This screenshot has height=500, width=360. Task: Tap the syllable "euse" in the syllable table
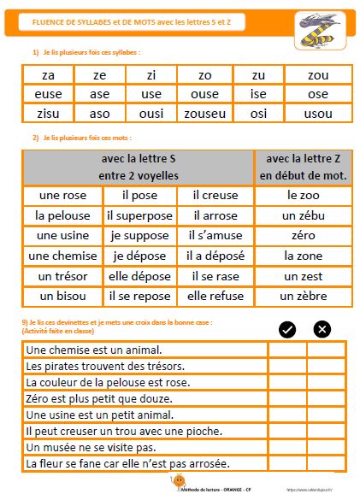point(48,94)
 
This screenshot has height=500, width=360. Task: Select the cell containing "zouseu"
point(204,113)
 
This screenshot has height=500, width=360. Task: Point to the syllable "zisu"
point(48,113)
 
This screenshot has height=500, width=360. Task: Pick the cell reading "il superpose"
point(139,215)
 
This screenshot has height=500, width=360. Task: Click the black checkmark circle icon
point(288,329)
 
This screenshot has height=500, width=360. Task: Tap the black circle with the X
point(322,329)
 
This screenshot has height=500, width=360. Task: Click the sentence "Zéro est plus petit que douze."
point(100,398)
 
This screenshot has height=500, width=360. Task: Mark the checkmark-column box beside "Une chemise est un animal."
point(287,350)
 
